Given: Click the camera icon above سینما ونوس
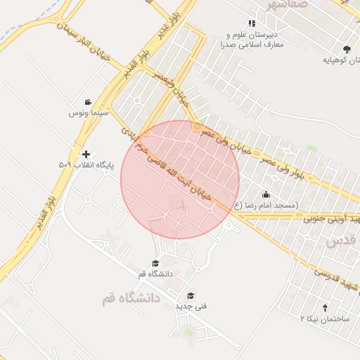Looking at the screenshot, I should tap(87, 103).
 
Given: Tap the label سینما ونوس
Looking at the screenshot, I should tap(87, 112).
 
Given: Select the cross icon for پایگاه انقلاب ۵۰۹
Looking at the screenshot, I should tap(86, 154).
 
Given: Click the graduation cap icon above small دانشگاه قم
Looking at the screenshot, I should tap(155, 263).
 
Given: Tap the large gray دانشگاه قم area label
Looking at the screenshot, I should tap(131, 299).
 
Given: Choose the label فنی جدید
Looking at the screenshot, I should tap(188, 307).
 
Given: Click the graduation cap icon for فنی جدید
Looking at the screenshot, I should tap(190, 296).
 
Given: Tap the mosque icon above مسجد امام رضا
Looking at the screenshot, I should tap(266, 195).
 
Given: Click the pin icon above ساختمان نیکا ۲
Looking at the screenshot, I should tap(325, 308).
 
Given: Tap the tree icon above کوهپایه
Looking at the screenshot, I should tap(347, 49).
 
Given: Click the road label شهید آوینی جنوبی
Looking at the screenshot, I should tap(331, 220).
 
